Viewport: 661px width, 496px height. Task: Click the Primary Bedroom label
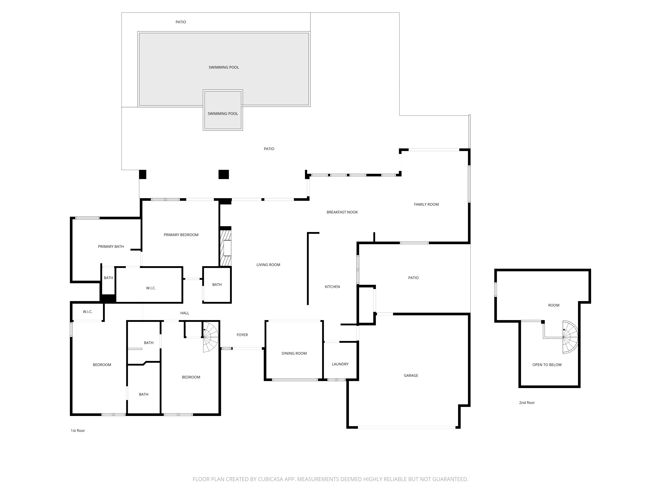[181, 235]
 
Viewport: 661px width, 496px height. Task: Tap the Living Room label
[268, 265]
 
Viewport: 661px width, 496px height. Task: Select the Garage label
[411, 375]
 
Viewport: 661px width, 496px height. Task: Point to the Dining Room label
[294, 353]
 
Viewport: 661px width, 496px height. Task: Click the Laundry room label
[340, 364]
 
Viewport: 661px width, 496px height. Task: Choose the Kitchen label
[332, 287]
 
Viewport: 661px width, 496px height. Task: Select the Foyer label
[242, 335]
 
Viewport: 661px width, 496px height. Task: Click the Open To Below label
[547, 365]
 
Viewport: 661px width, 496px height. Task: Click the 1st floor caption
[78, 431]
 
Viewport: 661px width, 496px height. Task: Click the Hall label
[185, 313]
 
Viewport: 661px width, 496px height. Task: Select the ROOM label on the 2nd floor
[554, 305]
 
